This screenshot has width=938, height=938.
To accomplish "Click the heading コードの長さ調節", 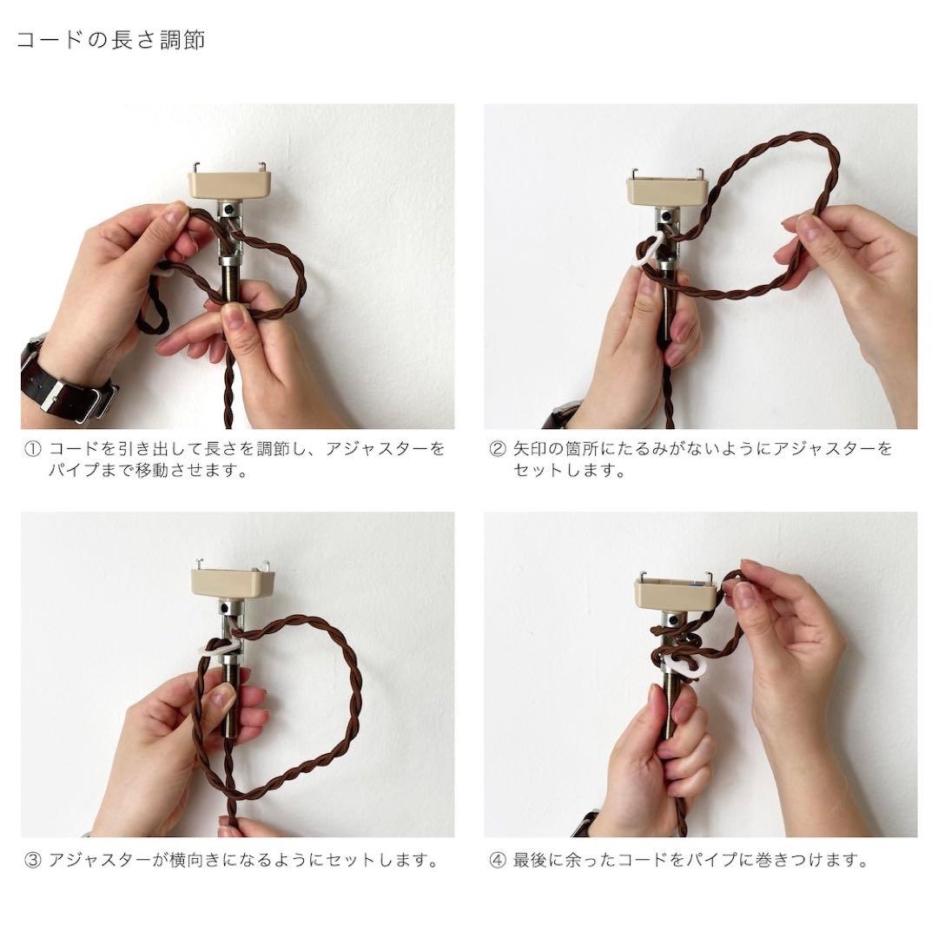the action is (110, 40).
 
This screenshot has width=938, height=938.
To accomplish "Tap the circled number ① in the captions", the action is (32, 449).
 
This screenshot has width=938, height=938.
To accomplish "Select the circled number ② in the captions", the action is (497, 449).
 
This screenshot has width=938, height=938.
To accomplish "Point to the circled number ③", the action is (32, 860).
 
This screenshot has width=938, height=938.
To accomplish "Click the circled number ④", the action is (497, 860).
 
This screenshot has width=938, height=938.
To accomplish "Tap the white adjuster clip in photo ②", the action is (647, 250).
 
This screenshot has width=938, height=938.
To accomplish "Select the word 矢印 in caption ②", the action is (535, 449).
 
